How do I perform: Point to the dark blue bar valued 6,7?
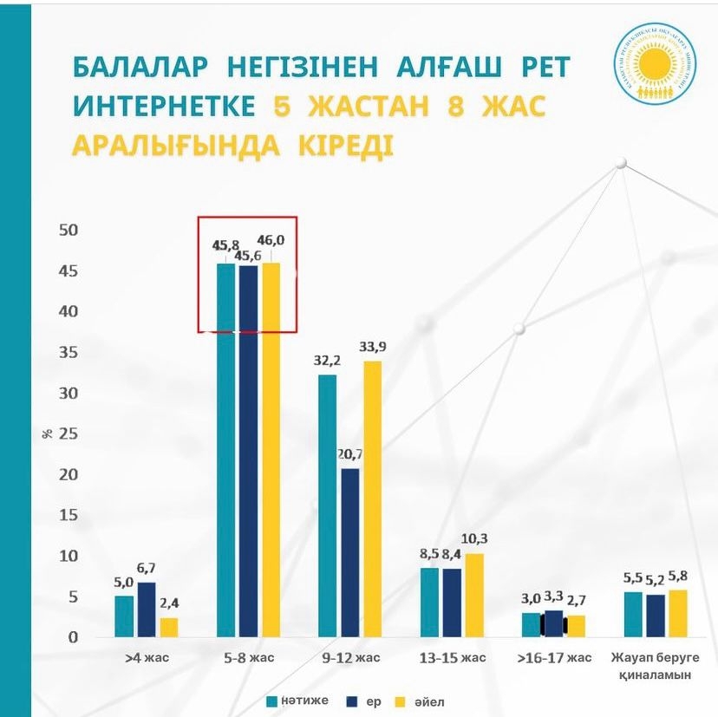pyautogui.click(x=146, y=609)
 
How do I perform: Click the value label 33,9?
pyautogui.click(x=372, y=347)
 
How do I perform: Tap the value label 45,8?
pyautogui.click(x=225, y=245)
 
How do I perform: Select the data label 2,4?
pyautogui.click(x=168, y=603)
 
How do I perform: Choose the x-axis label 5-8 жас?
pyautogui.click(x=249, y=658)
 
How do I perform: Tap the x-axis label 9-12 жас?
pyautogui.click(x=350, y=658)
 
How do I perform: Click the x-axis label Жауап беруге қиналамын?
pyautogui.click(x=656, y=666)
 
